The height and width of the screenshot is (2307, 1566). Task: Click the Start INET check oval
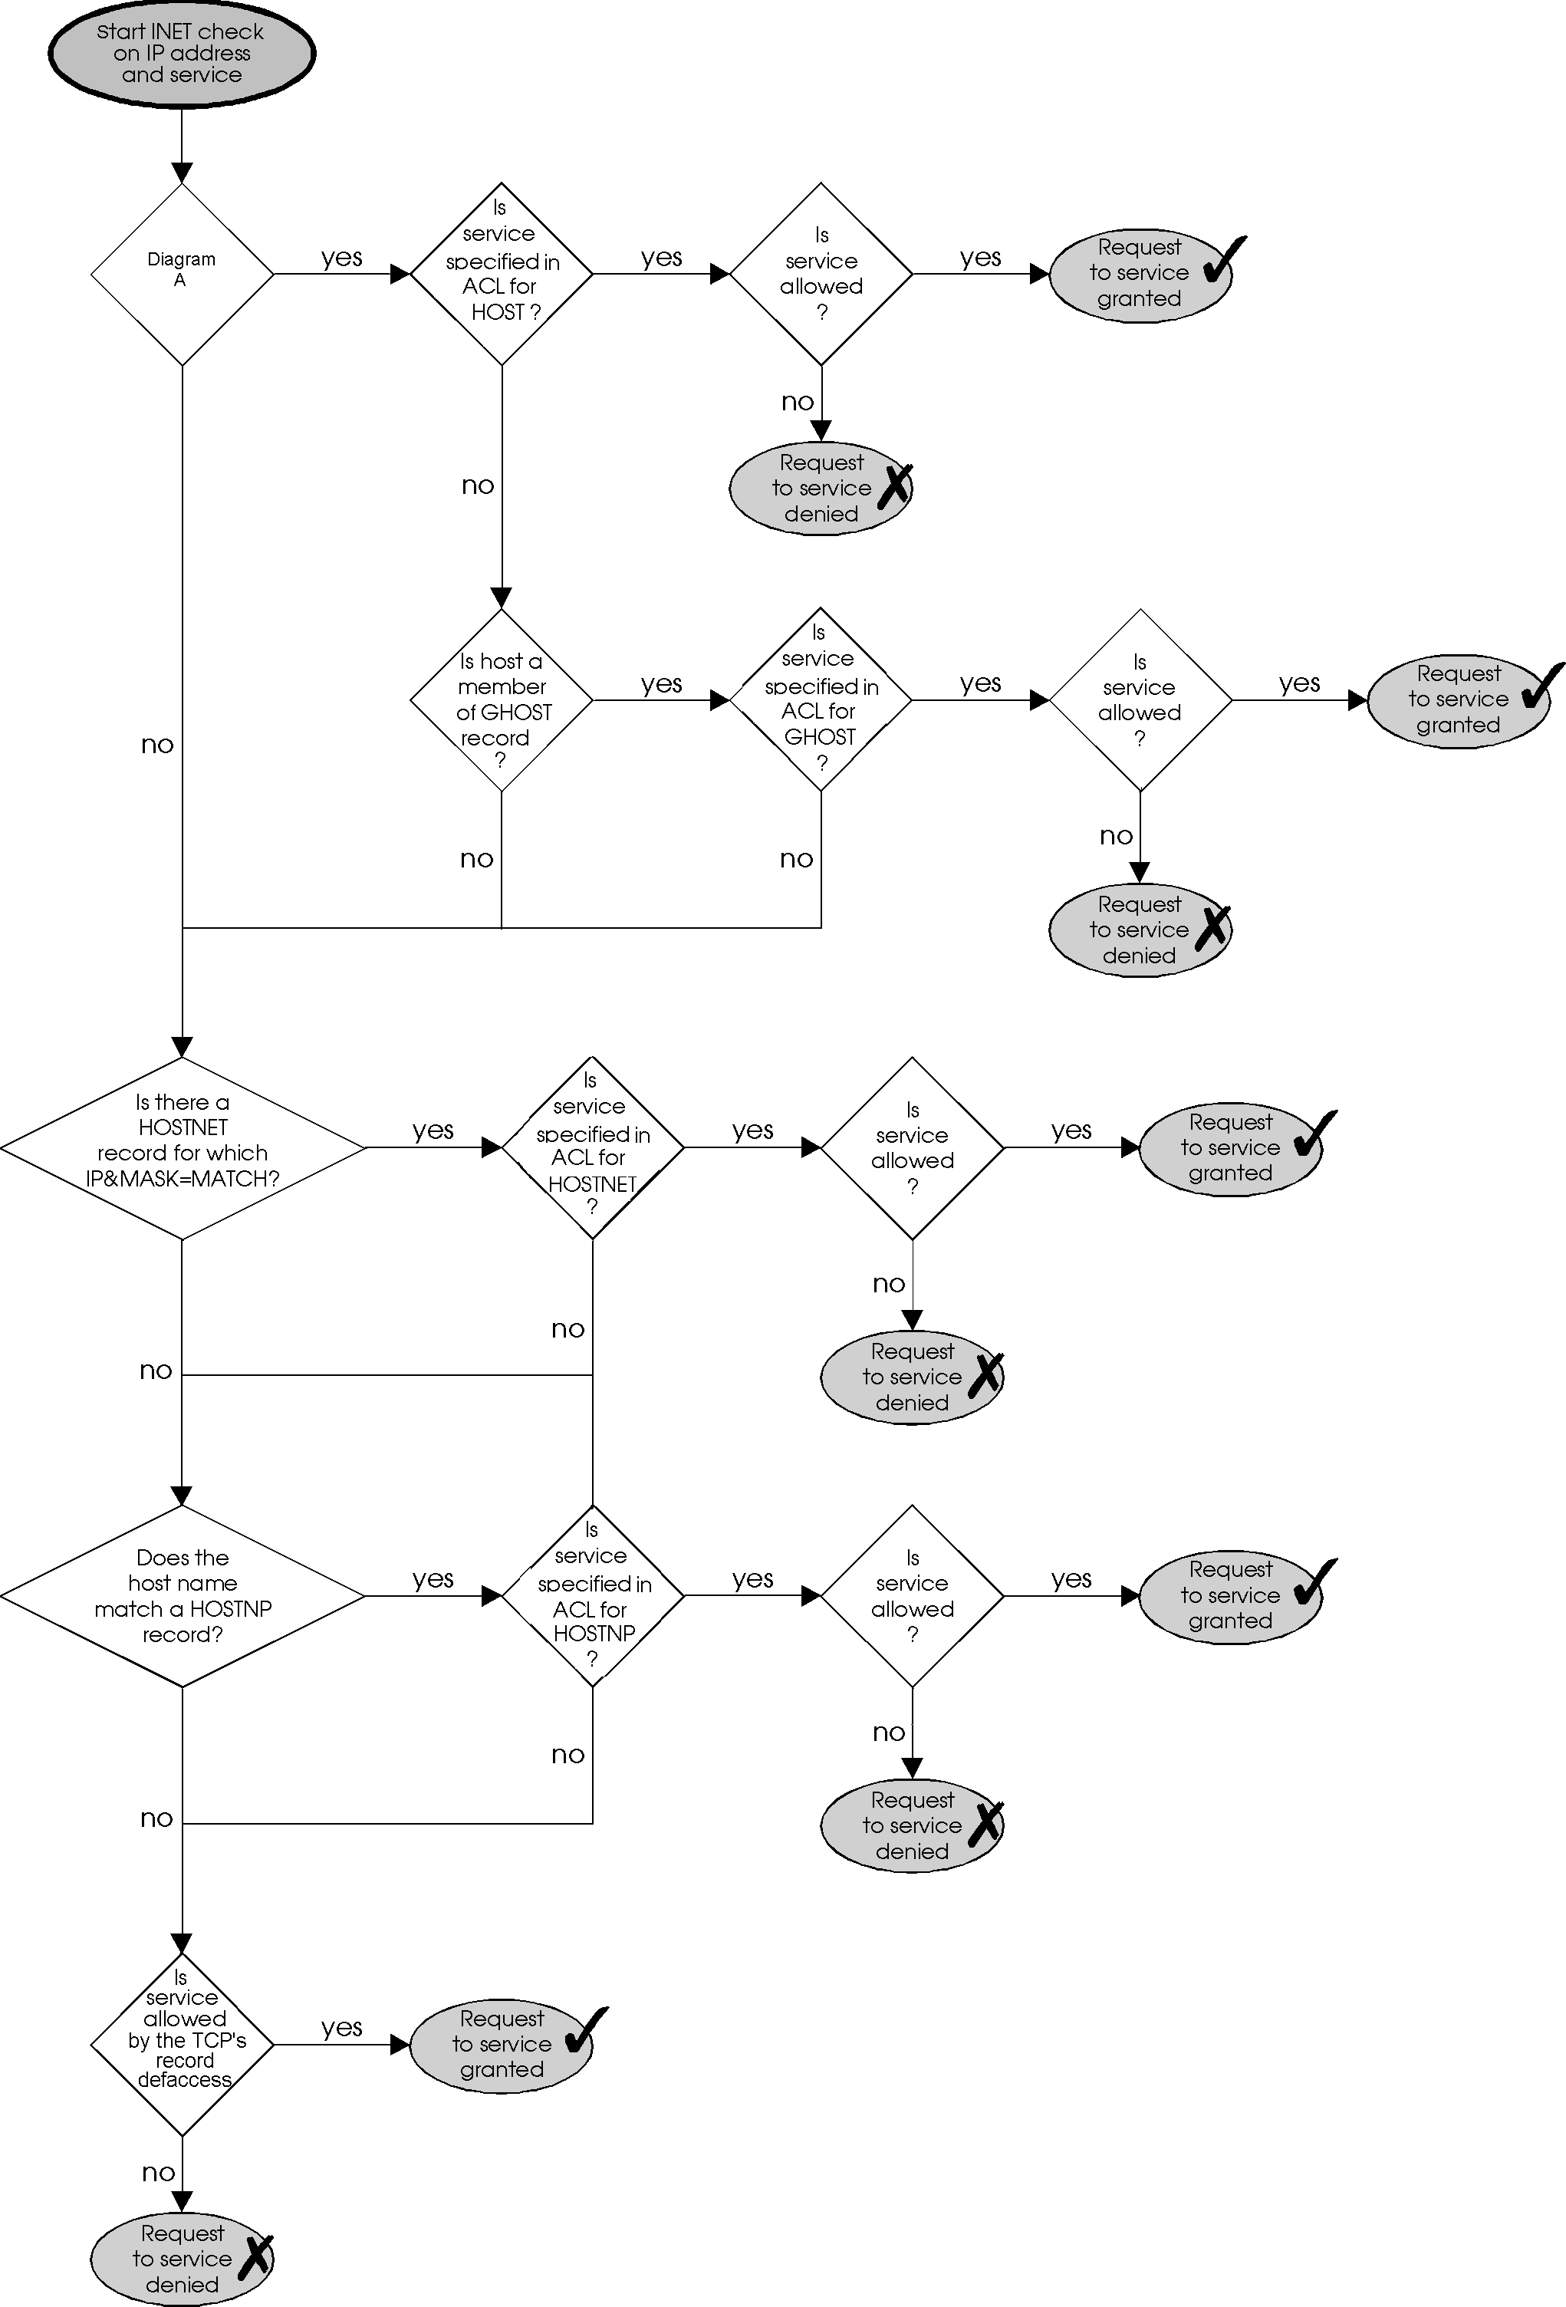pyautogui.click(x=182, y=54)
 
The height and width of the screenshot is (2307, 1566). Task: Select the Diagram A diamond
pyautogui.click(x=182, y=274)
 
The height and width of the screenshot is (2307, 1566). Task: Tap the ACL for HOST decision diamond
pyautogui.click(x=501, y=274)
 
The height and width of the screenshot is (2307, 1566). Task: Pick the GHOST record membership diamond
pyautogui.click(x=501, y=699)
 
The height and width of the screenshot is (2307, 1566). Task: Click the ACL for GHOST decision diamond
pyautogui.click(x=821, y=699)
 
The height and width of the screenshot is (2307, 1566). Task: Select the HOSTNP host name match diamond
pyautogui.click(x=183, y=1595)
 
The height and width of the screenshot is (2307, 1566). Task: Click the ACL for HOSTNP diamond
pyautogui.click(x=593, y=1595)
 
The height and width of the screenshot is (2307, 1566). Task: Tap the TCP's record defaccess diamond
pyautogui.click(x=183, y=2044)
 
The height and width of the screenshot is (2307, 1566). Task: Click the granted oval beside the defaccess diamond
pyautogui.click(x=501, y=2044)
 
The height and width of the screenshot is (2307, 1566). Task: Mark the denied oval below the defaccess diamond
pyautogui.click(x=183, y=2259)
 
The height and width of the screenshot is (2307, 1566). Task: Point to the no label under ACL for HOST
pyautogui.click(x=477, y=485)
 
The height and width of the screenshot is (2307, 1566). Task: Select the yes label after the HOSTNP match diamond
pyautogui.click(x=433, y=1578)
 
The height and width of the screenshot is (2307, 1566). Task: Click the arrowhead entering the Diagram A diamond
pyautogui.click(x=183, y=173)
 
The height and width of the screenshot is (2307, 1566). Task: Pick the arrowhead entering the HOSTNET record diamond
pyautogui.click(x=183, y=1046)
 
